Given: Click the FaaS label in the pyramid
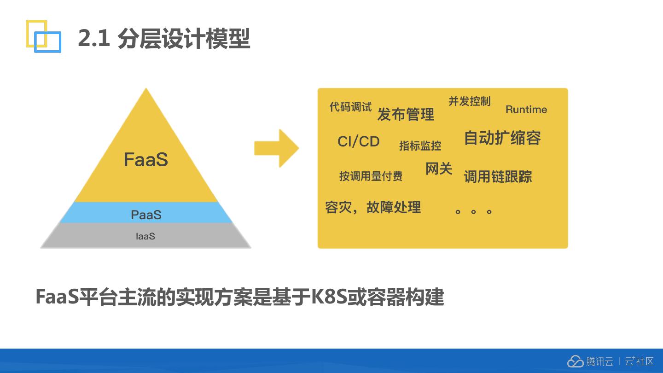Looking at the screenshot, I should tap(146, 160).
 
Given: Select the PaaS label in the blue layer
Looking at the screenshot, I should tap(146, 215).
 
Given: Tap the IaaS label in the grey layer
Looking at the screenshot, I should tap(145, 236).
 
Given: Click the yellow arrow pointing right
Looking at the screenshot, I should tap(277, 148).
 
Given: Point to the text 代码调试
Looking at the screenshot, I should tap(350, 107).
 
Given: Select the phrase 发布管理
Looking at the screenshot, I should tap(406, 114).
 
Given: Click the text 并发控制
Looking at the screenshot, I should tap(470, 101).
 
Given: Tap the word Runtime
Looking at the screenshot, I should tap(526, 110).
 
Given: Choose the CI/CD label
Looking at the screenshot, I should tap(359, 141).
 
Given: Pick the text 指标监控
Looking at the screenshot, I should tap(420, 146).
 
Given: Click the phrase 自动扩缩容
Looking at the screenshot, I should tap(502, 138).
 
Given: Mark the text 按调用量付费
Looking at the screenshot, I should tap(371, 176).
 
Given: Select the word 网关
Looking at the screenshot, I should tap(439, 169).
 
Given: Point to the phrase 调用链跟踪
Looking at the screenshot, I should tap(498, 176).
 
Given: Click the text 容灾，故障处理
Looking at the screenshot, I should tap(373, 207).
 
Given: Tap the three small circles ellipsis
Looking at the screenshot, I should tap(473, 212).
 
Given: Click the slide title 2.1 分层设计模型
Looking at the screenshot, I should tap(164, 38).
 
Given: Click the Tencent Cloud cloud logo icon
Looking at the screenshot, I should tap(576, 361).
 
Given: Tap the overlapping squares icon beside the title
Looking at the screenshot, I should tap(43, 36).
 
